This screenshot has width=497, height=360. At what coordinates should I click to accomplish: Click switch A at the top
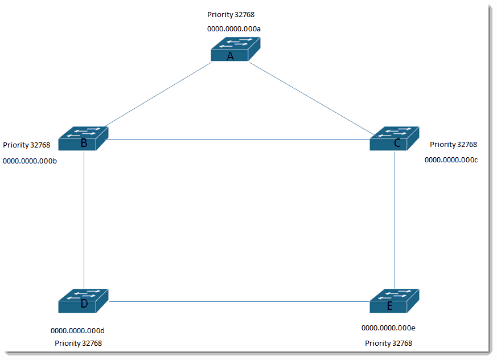pyautogui.click(x=236, y=49)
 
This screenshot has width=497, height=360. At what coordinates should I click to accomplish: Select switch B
pyautogui.click(x=83, y=138)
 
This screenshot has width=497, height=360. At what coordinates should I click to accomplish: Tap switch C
pyautogui.click(x=395, y=138)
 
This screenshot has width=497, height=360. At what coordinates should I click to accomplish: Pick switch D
pyautogui.click(x=83, y=301)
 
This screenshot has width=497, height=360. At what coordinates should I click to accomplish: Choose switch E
pyautogui.click(x=395, y=301)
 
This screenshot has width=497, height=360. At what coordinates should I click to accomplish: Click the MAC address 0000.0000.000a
pyautogui.click(x=234, y=29)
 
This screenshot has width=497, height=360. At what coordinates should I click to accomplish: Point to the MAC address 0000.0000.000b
pyautogui.click(x=30, y=161)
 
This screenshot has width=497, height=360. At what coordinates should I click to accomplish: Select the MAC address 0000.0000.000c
pyautogui.click(x=451, y=160)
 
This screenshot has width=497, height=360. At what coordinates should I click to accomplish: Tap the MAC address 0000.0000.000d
pyautogui.click(x=77, y=331)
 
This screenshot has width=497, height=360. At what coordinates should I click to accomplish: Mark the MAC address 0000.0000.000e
pyautogui.click(x=388, y=328)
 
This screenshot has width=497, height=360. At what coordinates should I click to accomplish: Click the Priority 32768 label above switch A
pyautogui.click(x=231, y=15)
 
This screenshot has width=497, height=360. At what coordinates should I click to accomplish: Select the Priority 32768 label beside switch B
pyautogui.click(x=27, y=145)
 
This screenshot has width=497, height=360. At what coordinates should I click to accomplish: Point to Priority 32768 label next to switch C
pyautogui.click(x=453, y=145)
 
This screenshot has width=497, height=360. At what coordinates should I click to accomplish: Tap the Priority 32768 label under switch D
pyautogui.click(x=79, y=343)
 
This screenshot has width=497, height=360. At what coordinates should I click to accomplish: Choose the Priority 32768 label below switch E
pyautogui.click(x=389, y=343)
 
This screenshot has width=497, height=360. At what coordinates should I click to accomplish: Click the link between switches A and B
pyautogui.click(x=158, y=94)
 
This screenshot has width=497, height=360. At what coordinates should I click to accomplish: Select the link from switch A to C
pyautogui.click(x=315, y=101)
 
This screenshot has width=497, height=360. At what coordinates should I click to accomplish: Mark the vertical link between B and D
pyautogui.click(x=84, y=220)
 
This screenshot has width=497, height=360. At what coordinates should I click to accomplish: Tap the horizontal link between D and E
pyautogui.click(x=239, y=301)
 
